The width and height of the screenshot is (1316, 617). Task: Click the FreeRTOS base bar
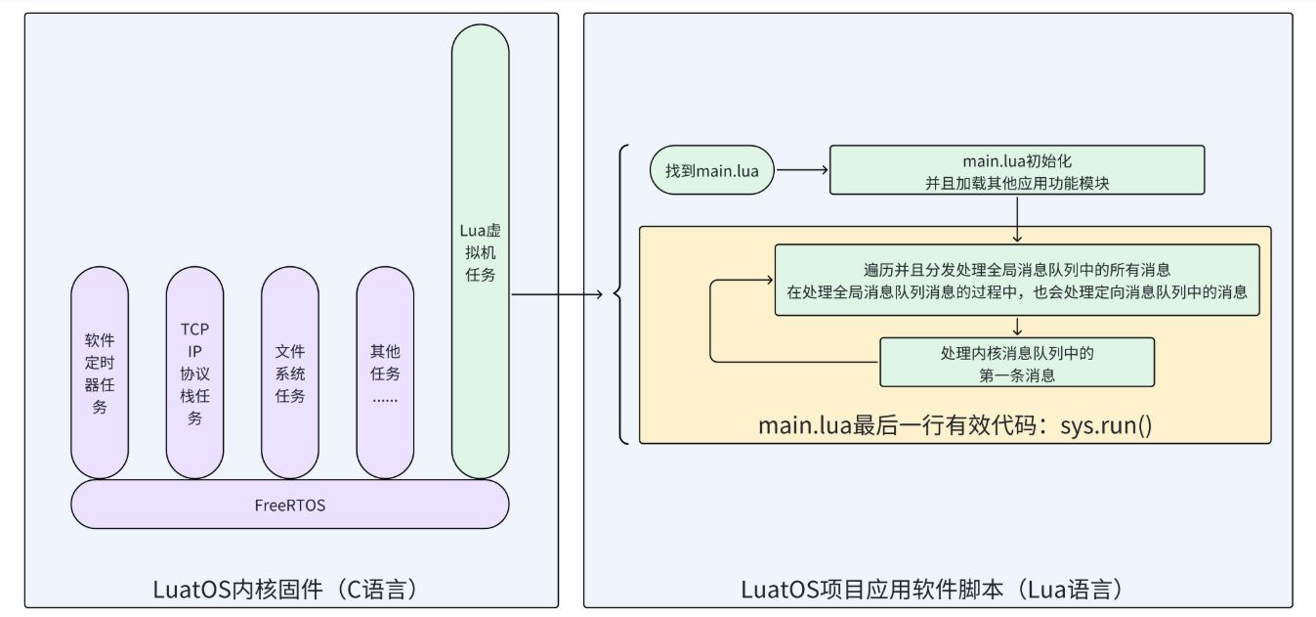tap(290, 505)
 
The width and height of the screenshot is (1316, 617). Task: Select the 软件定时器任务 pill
tap(100, 373)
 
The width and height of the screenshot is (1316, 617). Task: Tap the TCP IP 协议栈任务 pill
tap(194, 373)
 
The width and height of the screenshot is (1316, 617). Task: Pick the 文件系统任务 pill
tap(290, 373)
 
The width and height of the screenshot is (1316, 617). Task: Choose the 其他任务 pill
tap(385, 373)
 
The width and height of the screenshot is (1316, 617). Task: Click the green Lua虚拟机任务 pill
tap(480, 251)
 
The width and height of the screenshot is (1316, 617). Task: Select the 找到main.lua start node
tap(711, 170)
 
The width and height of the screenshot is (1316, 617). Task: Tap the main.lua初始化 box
tap(1017, 170)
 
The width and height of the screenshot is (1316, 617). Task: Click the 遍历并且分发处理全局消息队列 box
tap(1016, 280)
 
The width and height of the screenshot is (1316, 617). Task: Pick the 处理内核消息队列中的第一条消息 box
tap(1017, 362)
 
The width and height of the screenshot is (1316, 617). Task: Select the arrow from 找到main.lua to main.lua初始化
tap(801, 170)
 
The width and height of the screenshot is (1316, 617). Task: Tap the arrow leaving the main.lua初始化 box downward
tap(1017, 218)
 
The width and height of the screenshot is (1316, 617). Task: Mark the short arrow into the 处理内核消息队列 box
tap(1017, 327)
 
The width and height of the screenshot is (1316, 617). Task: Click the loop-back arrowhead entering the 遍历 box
tap(768, 281)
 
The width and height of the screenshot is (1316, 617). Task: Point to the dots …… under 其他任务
tap(385, 398)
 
